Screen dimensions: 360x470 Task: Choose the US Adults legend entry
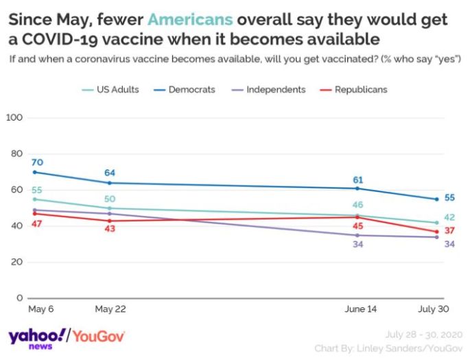(x=113, y=89)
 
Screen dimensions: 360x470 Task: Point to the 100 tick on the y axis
(x=15, y=118)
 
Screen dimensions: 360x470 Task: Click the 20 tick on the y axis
(x=18, y=262)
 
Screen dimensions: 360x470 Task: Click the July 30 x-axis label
(x=434, y=309)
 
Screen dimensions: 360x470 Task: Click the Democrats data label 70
(x=37, y=162)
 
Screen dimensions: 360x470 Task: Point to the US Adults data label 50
(x=109, y=199)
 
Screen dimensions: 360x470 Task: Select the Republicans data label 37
(x=450, y=230)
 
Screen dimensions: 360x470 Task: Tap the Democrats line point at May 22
(x=109, y=182)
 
